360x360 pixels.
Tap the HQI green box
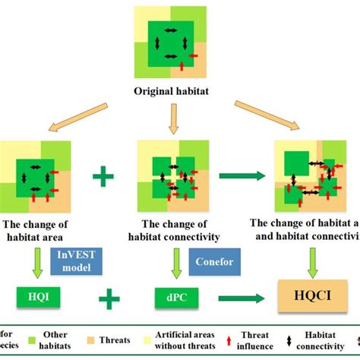(35, 297)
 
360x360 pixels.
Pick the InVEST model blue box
(74, 260)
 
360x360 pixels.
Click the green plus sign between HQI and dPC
(109, 298)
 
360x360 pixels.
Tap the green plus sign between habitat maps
(103, 178)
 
